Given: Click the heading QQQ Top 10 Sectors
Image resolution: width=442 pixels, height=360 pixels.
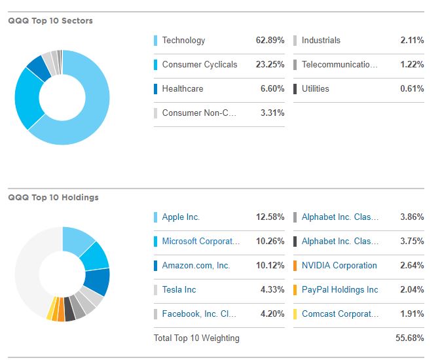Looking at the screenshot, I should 50,21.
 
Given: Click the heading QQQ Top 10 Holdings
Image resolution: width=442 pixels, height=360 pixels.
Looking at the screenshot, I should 53,198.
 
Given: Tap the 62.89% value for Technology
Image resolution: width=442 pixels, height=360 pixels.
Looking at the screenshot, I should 270,41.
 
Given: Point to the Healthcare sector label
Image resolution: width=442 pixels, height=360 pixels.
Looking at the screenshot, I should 183,89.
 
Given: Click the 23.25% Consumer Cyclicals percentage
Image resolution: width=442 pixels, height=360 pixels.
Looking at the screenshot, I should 270,65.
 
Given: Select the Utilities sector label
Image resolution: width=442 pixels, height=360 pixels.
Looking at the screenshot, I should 316,89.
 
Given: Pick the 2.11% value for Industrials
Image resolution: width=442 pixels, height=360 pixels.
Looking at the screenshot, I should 412,41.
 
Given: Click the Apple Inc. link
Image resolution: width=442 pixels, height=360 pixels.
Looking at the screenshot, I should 181,217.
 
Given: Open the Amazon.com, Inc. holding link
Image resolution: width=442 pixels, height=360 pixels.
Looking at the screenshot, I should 196,266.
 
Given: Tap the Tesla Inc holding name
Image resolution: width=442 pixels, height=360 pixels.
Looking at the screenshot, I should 179,290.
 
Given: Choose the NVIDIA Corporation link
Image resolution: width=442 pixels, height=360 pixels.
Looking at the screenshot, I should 339,266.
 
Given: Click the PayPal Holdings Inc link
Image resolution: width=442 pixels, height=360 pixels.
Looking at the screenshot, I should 340,290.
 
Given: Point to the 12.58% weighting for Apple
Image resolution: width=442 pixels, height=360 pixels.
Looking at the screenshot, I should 270,217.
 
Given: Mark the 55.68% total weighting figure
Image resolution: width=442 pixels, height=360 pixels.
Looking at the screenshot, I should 409,338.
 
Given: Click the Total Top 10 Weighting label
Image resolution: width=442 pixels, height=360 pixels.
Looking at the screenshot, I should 196,338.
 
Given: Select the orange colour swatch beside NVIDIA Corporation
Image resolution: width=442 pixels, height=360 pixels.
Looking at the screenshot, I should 295,266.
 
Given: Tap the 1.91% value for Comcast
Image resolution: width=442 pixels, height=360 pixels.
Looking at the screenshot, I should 412,314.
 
